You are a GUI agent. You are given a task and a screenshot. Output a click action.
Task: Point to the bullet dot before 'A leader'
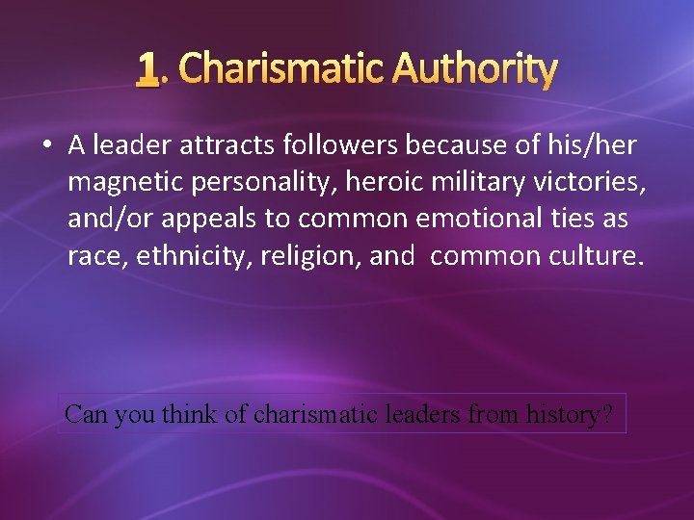pos(45,145)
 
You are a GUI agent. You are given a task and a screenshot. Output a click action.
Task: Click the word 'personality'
pos(243,182)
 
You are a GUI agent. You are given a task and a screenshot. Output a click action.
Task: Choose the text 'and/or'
pos(105,219)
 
